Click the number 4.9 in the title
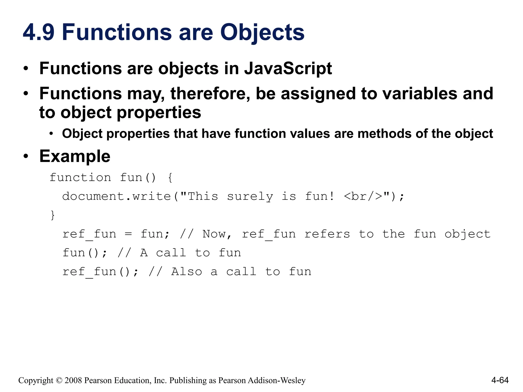click(x=39, y=32)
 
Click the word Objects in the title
click(x=262, y=32)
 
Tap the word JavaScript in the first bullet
click(x=288, y=69)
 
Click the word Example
click(x=75, y=156)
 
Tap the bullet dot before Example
click(x=26, y=156)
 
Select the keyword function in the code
click(x=80, y=177)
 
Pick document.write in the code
click(x=116, y=196)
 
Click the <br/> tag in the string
click(x=363, y=196)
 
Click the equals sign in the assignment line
click(x=128, y=234)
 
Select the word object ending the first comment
click(x=467, y=234)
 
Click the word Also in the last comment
click(x=186, y=272)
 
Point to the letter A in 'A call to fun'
click(x=144, y=253)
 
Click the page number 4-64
click(x=500, y=380)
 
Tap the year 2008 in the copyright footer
click(x=73, y=380)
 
